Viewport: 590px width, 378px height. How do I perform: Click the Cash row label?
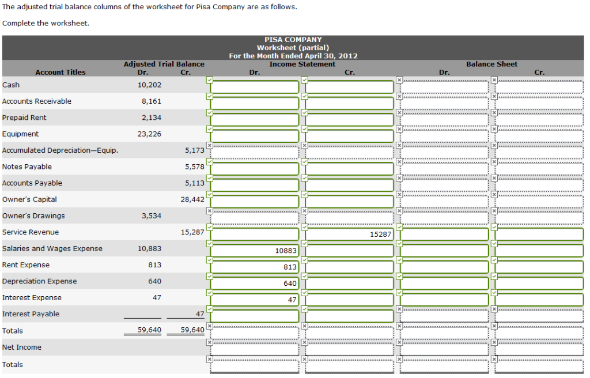(x=11, y=85)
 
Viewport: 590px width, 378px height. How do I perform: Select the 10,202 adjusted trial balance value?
(x=150, y=85)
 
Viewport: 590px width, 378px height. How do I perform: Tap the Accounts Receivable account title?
(x=37, y=101)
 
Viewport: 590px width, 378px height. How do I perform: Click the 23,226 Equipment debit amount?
(x=150, y=134)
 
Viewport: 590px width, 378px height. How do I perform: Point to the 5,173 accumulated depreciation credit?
(x=194, y=150)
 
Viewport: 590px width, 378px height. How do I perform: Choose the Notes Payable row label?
(x=27, y=167)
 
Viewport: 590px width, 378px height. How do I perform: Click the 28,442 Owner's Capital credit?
(x=192, y=199)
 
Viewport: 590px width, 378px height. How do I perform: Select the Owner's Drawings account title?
(x=33, y=216)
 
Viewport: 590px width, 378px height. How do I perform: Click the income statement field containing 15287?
(x=349, y=235)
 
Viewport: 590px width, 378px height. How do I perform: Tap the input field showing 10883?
(x=255, y=251)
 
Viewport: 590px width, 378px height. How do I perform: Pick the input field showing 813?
(x=255, y=267)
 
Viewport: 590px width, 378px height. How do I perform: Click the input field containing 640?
(x=255, y=283)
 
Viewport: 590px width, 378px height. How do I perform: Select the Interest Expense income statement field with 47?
(x=255, y=300)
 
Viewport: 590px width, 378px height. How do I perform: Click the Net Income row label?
(x=22, y=347)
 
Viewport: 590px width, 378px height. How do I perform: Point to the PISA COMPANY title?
(x=293, y=40)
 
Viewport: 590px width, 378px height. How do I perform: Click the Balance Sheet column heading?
(x=491, y=64)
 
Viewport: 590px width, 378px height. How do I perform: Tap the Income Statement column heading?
(x=302, y=64)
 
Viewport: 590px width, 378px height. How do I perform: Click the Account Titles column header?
(x=60, y=72)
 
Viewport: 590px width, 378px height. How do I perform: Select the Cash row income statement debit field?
(x=255, y=87)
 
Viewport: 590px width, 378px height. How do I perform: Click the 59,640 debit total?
(x=150, y=331)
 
